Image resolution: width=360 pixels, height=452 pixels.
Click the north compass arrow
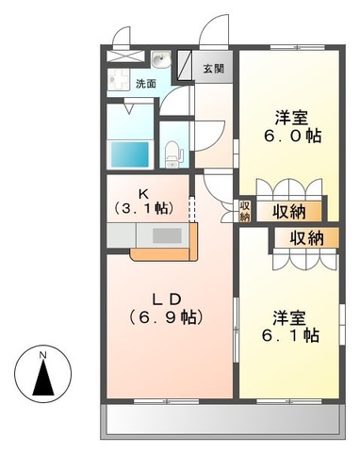[42, 379]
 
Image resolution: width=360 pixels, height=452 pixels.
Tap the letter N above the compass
[42, 354]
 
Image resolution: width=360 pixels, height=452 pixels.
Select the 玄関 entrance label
[213, 69]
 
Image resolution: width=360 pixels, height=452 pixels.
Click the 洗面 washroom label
[145, 85]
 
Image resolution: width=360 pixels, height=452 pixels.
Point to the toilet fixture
[173, 150]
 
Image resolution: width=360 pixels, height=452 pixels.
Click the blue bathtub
[129, 152]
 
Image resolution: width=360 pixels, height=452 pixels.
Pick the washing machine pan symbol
[122, 78]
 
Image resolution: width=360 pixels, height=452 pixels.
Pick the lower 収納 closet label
[305, 237]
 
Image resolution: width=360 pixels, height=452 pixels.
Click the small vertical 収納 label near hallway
[244, 210]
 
